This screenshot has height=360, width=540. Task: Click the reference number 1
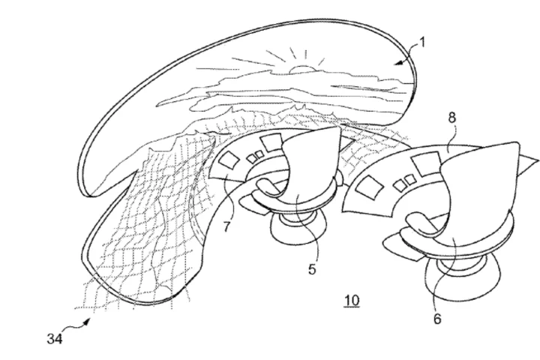click(x=421, y=43)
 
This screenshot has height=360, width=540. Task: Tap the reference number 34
click(x=55, y=339)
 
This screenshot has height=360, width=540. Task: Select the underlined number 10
click(x=352, y=301)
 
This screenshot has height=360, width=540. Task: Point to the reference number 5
click(x=312, y=269)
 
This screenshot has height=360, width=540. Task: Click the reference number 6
click(x=437, y=319)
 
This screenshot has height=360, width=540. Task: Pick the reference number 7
click(x=226, y=226)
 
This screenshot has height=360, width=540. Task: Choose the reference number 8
click(x=451, y=118)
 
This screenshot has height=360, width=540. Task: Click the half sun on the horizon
click(x=302, y=69)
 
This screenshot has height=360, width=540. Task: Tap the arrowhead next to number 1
click(x=400, y=62)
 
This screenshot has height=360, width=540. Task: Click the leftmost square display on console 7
click(x=229, y=160)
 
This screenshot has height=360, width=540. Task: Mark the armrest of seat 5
click(x=273, y=187)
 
